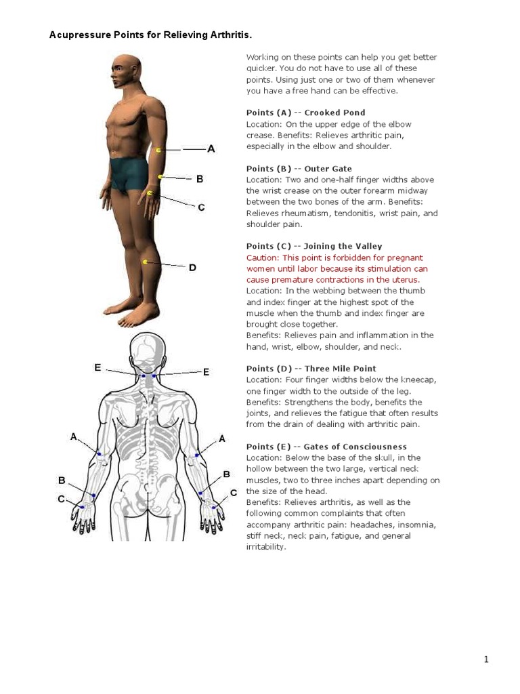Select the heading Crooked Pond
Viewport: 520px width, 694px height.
click(334, 113)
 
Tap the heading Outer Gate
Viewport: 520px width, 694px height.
click(328, 168)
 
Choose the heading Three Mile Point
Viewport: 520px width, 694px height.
click(341, 369)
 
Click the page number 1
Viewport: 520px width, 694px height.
click(485, 659)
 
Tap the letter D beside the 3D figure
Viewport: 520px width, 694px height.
click(192, 268)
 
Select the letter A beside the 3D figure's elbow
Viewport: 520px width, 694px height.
click(211, 148)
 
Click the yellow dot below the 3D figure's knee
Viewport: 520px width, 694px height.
click(145, 262)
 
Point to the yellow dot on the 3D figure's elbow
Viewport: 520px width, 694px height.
click(158, 150)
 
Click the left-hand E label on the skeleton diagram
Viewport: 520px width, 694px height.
click(97, 367)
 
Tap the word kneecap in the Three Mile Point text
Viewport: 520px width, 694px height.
click(404, 380)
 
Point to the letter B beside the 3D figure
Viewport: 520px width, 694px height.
click(200, 179)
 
